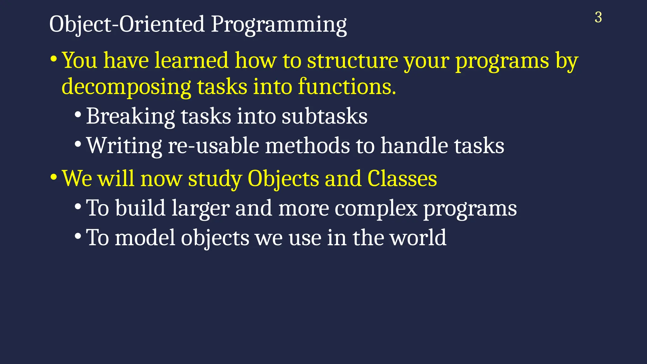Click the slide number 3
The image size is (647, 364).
[x=598, y=17]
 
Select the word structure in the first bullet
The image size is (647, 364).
[x=353, y=60]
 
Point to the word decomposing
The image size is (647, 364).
[x=126, y=87]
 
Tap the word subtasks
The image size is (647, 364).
[x=324, y=116]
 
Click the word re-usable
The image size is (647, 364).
[x=213, y=146]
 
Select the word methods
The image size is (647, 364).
[x=307, y=146]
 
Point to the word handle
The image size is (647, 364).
[x=414, y=146]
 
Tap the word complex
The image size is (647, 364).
[x=376, y=209]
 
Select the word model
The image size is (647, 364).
[x=145, y=238]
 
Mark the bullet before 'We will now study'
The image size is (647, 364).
[x=53, y=177]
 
